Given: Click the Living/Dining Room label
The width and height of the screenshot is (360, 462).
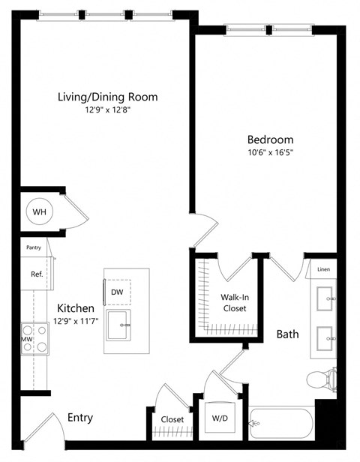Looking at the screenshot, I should pyautogui.click(x=108, y=97).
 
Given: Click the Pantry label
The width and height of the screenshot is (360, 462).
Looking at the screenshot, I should pyautogui.click(x=32, y=246).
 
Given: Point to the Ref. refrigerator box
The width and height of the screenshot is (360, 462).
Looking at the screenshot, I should pyautogui.click(x=35, y=274).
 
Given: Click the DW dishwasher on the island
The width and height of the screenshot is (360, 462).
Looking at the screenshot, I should pyautogui.click(x=117, y=292).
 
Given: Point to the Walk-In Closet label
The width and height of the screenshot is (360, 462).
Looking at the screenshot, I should pyautogui.click(x=234, y=301).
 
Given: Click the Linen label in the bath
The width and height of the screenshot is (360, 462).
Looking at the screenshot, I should pyautogui.click(x=323, y=269).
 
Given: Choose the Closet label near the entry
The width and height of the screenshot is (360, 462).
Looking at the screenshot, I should pyautogui.click(x=172, y=419).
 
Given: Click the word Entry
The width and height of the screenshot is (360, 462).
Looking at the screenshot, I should pyautogui.click(x=80, y=418).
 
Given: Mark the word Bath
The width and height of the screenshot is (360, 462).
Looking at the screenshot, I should pyautogui.click(x=287, y=334).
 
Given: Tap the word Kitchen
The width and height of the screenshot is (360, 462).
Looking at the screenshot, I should pyautogui.click(x=76, y=308).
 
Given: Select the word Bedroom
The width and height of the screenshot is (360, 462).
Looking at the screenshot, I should pyautogui.click(x=271, y=139).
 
